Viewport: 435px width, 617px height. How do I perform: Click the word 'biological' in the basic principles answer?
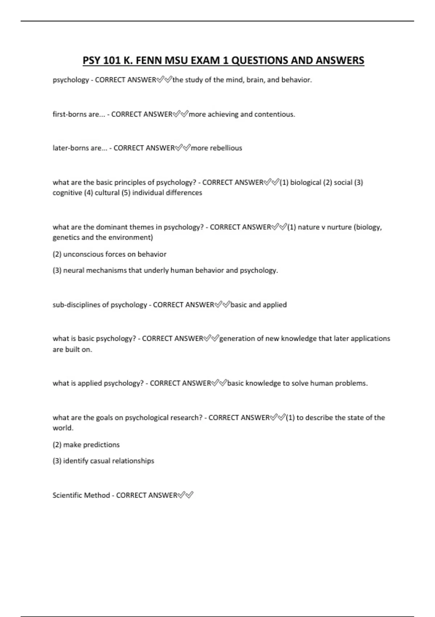(x=306, y=182)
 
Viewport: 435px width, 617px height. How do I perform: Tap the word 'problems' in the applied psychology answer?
(x=351, y=383)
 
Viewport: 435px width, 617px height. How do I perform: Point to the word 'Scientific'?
(x=67, y=495)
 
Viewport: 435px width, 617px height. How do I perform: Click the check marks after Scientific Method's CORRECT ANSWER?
(x=186, y=495)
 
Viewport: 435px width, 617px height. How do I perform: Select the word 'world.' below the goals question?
(x=63, y=428)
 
